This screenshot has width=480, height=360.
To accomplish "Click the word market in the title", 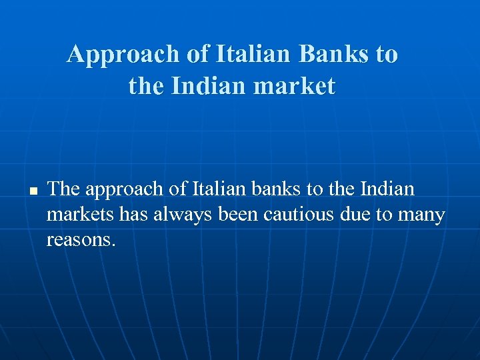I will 294,87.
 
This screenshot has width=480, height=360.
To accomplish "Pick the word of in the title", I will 198,55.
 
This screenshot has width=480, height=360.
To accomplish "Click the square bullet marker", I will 31,191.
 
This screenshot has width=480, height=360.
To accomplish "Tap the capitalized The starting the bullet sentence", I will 64,189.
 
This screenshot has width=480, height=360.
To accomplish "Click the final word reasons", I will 81,240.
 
